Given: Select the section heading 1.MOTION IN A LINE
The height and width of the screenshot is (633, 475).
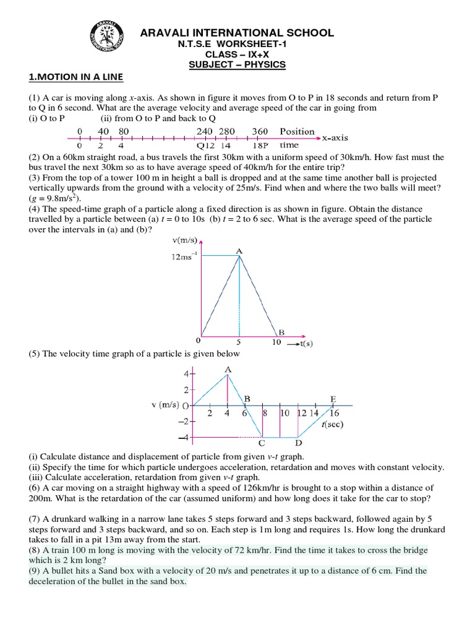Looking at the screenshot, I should coord(77,77).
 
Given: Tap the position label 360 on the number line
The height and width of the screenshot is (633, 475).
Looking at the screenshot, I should coord(260,132).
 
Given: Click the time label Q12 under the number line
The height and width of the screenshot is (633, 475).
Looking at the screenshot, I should coord(205,146).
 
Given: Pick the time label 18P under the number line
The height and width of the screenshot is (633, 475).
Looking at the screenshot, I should coord(260,146).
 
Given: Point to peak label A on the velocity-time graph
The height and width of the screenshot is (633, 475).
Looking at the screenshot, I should coord(229,370).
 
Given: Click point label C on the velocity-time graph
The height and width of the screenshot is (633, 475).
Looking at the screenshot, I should coord(262,443).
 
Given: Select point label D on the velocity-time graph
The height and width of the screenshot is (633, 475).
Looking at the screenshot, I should coord(299,443).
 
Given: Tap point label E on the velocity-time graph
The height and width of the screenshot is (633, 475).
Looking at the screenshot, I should coord(333,399).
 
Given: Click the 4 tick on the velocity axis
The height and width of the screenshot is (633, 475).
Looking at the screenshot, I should coord(185,374).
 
